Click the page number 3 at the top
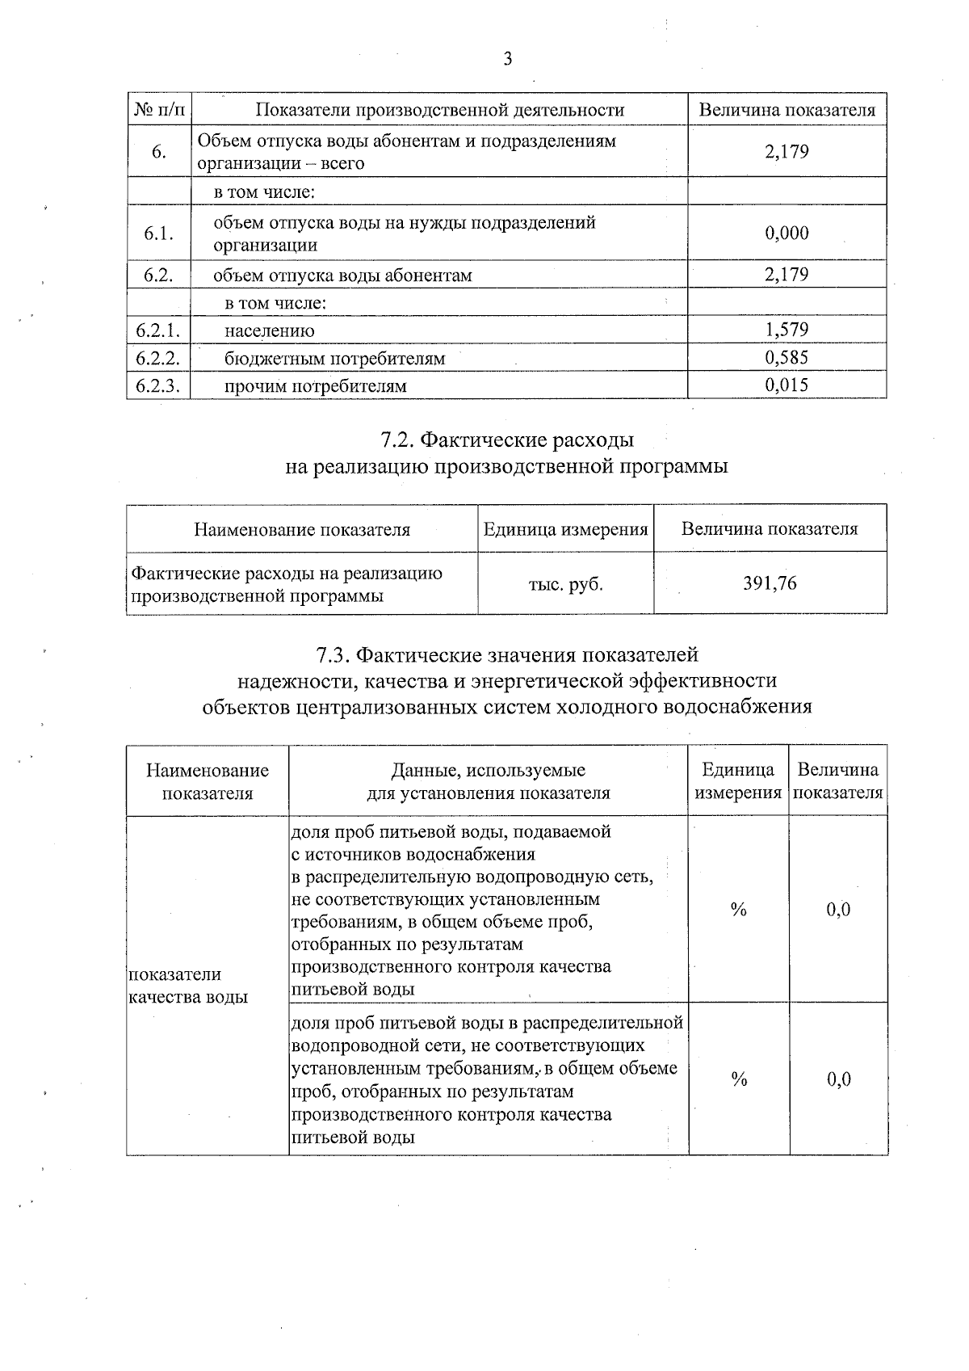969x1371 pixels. coord(507,59)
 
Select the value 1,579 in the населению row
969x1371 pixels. coord(787,330)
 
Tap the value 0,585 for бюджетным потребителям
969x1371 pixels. coord(787,357)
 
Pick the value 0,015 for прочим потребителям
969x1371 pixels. coord(787,385)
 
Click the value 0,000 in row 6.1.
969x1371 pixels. coord(787,233)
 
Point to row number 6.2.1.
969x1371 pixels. coord(158,330)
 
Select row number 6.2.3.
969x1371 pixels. coord(158,385)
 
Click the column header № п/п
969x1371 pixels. coord(158,110)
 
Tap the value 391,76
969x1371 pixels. coord(770,583)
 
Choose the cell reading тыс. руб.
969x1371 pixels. coord(565,584)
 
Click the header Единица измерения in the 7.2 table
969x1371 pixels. coord(565,530)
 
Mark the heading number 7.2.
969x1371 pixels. coord(396,440)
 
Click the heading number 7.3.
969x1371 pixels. coord(333,654)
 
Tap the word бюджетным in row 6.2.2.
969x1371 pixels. coord(266,359)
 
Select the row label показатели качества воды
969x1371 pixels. coord(188,986)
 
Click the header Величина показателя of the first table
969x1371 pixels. coord(787,110)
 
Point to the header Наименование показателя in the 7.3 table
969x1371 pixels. coord(208,781)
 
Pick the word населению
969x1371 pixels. coord(270,331)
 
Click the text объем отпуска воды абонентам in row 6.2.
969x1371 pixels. coord(342,275)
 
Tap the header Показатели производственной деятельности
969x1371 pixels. coord(439,110)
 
